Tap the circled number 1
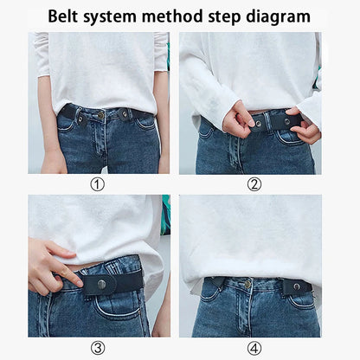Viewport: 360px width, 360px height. click(98, 183)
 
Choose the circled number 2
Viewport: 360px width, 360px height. click(254, 183)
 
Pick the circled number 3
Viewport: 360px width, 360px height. click(98, 347)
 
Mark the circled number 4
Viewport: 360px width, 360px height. click(254, 347)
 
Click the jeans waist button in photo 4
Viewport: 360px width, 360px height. click(247, 283)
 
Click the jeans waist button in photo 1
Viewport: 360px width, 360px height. click(101, 114)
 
